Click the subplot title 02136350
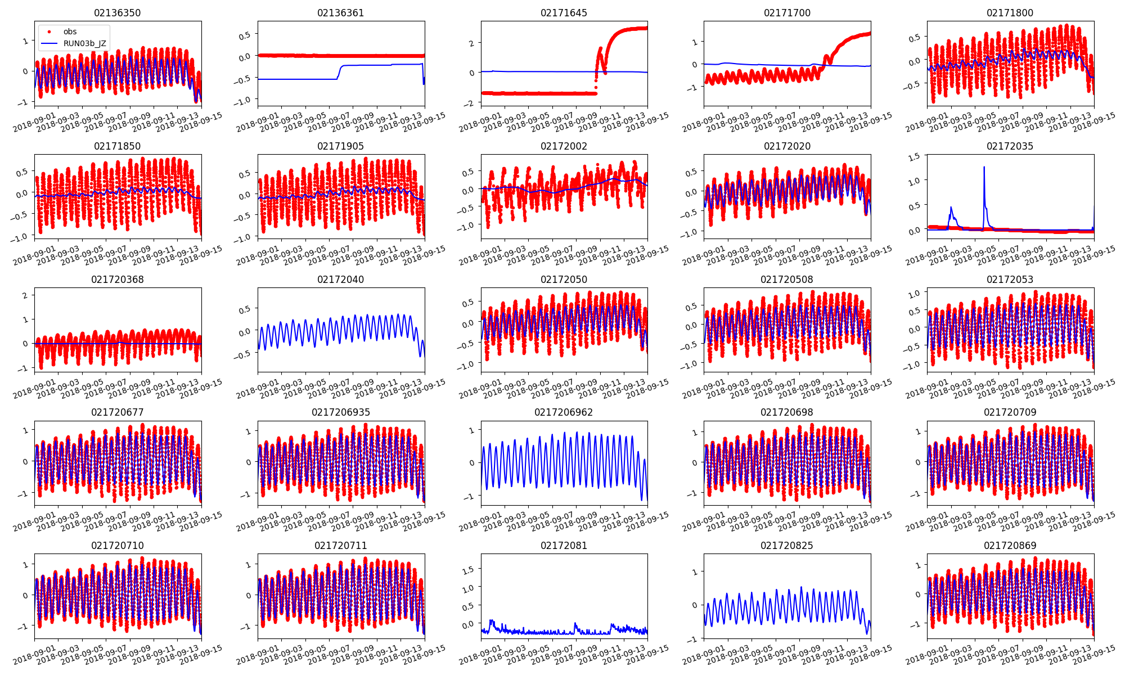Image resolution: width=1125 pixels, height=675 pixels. (118, 13)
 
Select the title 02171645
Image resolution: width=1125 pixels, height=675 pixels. (564, 13)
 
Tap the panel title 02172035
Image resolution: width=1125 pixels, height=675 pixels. (1010, 146)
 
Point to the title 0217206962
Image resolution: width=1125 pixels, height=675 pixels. (564, 412)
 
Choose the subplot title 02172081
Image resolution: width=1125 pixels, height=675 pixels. (564, 546)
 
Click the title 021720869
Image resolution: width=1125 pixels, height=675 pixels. (1010, 546)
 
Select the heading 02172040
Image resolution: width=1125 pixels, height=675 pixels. (340, 280)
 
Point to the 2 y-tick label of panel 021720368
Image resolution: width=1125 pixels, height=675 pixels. (25, 295)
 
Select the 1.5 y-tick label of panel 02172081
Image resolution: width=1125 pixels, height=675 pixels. (468, 569)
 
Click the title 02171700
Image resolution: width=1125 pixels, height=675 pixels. (787, 13)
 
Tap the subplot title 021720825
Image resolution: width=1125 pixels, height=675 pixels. (787, 546)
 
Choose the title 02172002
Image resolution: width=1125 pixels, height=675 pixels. (564, 146)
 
